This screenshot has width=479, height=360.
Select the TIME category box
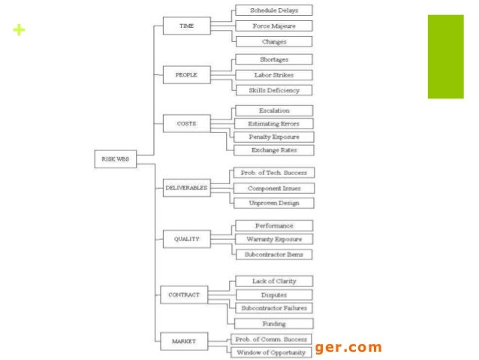pos(186,26)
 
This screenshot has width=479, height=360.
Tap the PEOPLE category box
pos(186,75)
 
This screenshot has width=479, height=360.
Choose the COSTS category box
pos(186,123)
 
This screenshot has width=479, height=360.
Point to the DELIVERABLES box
pos(186,186)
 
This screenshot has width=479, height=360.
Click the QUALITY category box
pos(186,239)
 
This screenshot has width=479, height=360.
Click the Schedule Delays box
pos(272,11)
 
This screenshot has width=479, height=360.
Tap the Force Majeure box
pos(272,26)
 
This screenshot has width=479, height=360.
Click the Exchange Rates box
pos(273,150)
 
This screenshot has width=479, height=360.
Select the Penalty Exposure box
pos(273,137)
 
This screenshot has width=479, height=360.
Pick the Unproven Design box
pos(273,203)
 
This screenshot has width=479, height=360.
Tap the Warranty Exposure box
pos(273,239)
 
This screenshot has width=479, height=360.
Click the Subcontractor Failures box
pos(273,308)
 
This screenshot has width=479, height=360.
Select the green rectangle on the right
pos(445,56)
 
